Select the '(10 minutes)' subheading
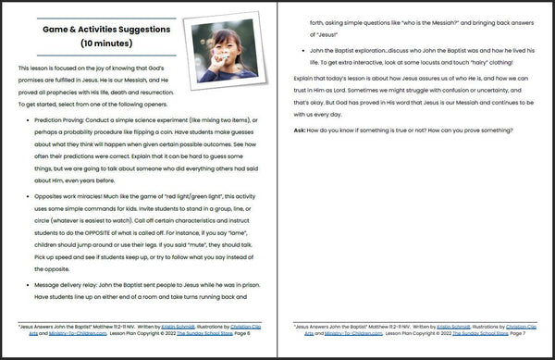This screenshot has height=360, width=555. [x=105, y=43]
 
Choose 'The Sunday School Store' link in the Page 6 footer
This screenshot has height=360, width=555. [x=203, y=341]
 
